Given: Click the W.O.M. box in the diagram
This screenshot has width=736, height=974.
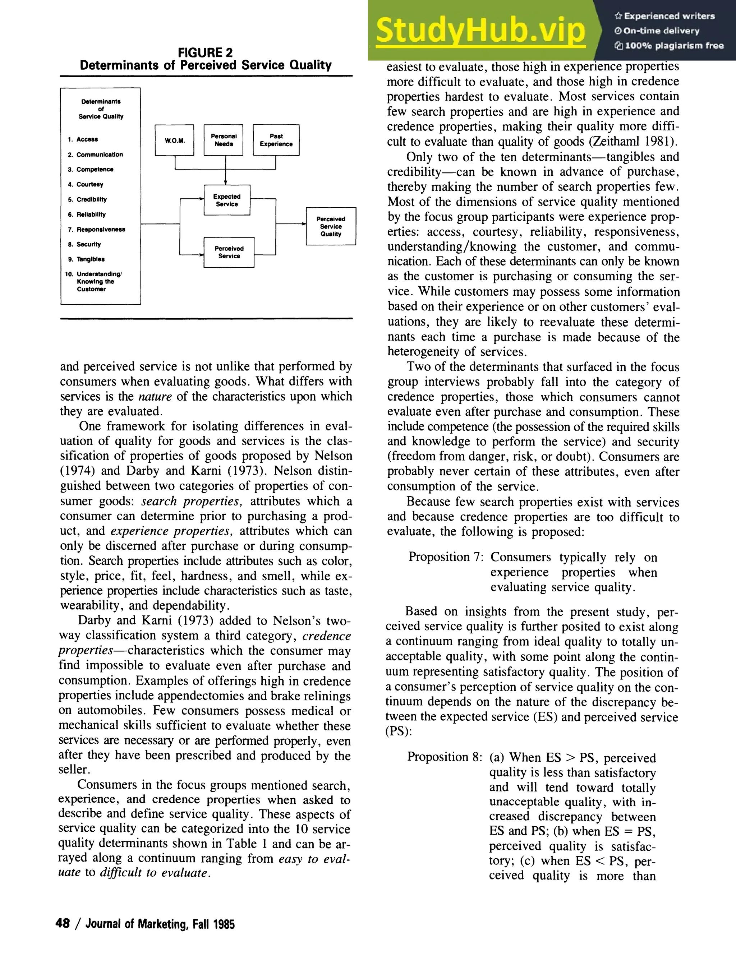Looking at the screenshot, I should (x=174, y=140).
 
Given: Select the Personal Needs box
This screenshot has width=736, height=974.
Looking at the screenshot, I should (x=223, y=140).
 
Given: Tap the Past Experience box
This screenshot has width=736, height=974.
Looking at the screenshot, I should (x=276, y=140).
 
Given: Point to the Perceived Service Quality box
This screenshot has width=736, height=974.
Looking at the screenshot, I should (x=331, y=226).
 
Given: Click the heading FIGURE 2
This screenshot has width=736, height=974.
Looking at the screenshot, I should (x=205, y=53).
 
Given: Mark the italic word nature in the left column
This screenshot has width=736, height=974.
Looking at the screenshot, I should (x=155, y=396).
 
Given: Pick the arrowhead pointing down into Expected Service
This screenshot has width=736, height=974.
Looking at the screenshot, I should (x=226, y=182).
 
